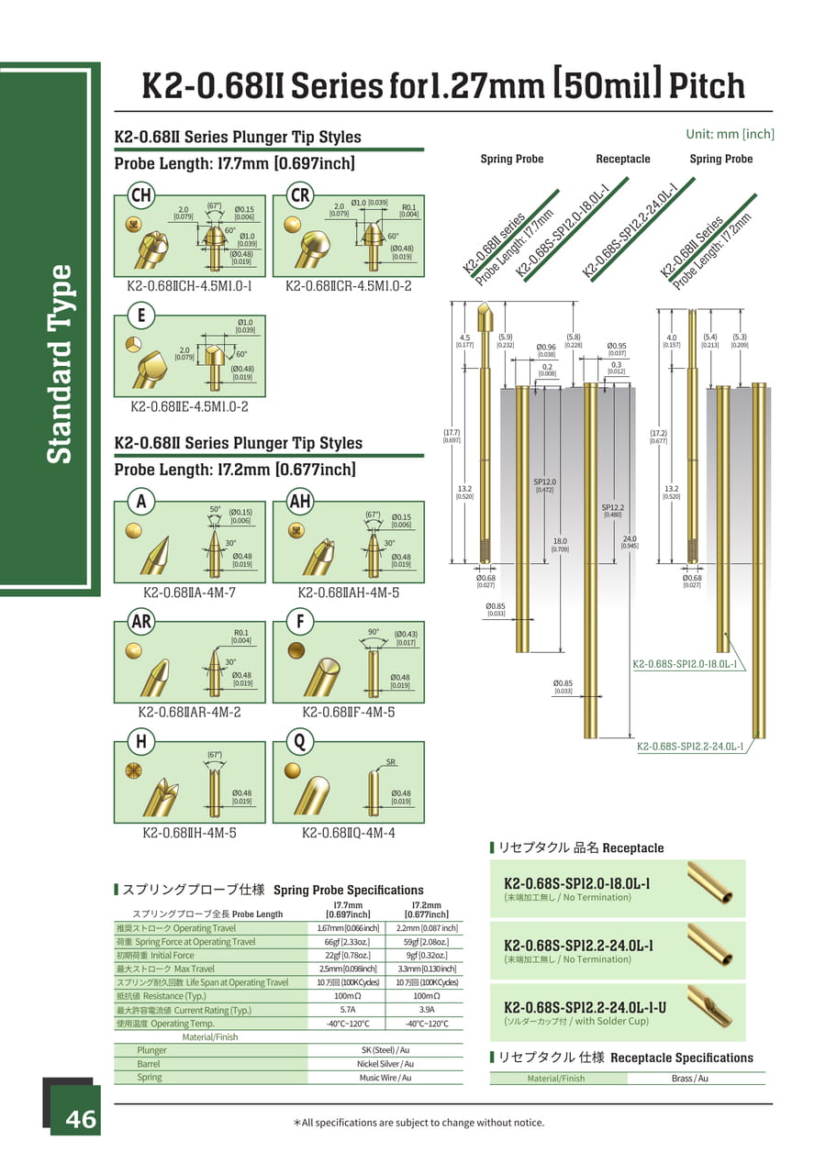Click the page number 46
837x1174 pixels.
pos(80,1119)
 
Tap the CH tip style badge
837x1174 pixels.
pos(140,195)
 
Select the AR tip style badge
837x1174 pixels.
pos(140,622)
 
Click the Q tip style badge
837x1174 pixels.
pos(299,740)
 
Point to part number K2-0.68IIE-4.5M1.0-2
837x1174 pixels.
pos(189,406)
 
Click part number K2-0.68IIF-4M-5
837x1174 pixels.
pos(349,712)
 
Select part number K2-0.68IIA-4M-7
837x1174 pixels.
pos(189,593)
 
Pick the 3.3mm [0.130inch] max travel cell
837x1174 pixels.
pos(426,969)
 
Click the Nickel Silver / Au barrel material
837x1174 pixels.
pos(385,1064)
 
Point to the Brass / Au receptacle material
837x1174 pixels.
pos(689,1079)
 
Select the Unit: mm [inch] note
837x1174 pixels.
pos(730,134)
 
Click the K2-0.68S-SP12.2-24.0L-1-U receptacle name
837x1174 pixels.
pos(586,1006)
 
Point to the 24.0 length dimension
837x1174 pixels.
pos(629,540)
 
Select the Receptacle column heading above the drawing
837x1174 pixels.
pos(622,159)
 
